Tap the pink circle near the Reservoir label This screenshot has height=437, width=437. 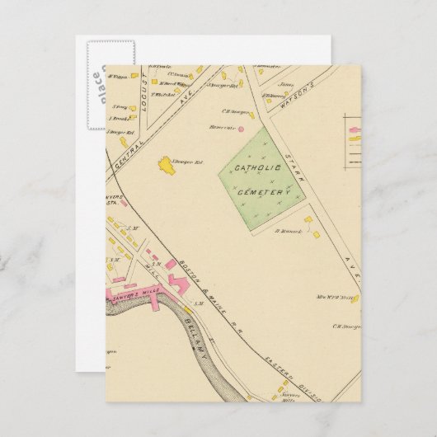coord(242,128)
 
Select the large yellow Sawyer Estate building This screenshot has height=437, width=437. coord(169,165)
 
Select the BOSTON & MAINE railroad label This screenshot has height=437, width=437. coord(177,265)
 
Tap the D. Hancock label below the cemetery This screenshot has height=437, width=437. coord(285,231)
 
